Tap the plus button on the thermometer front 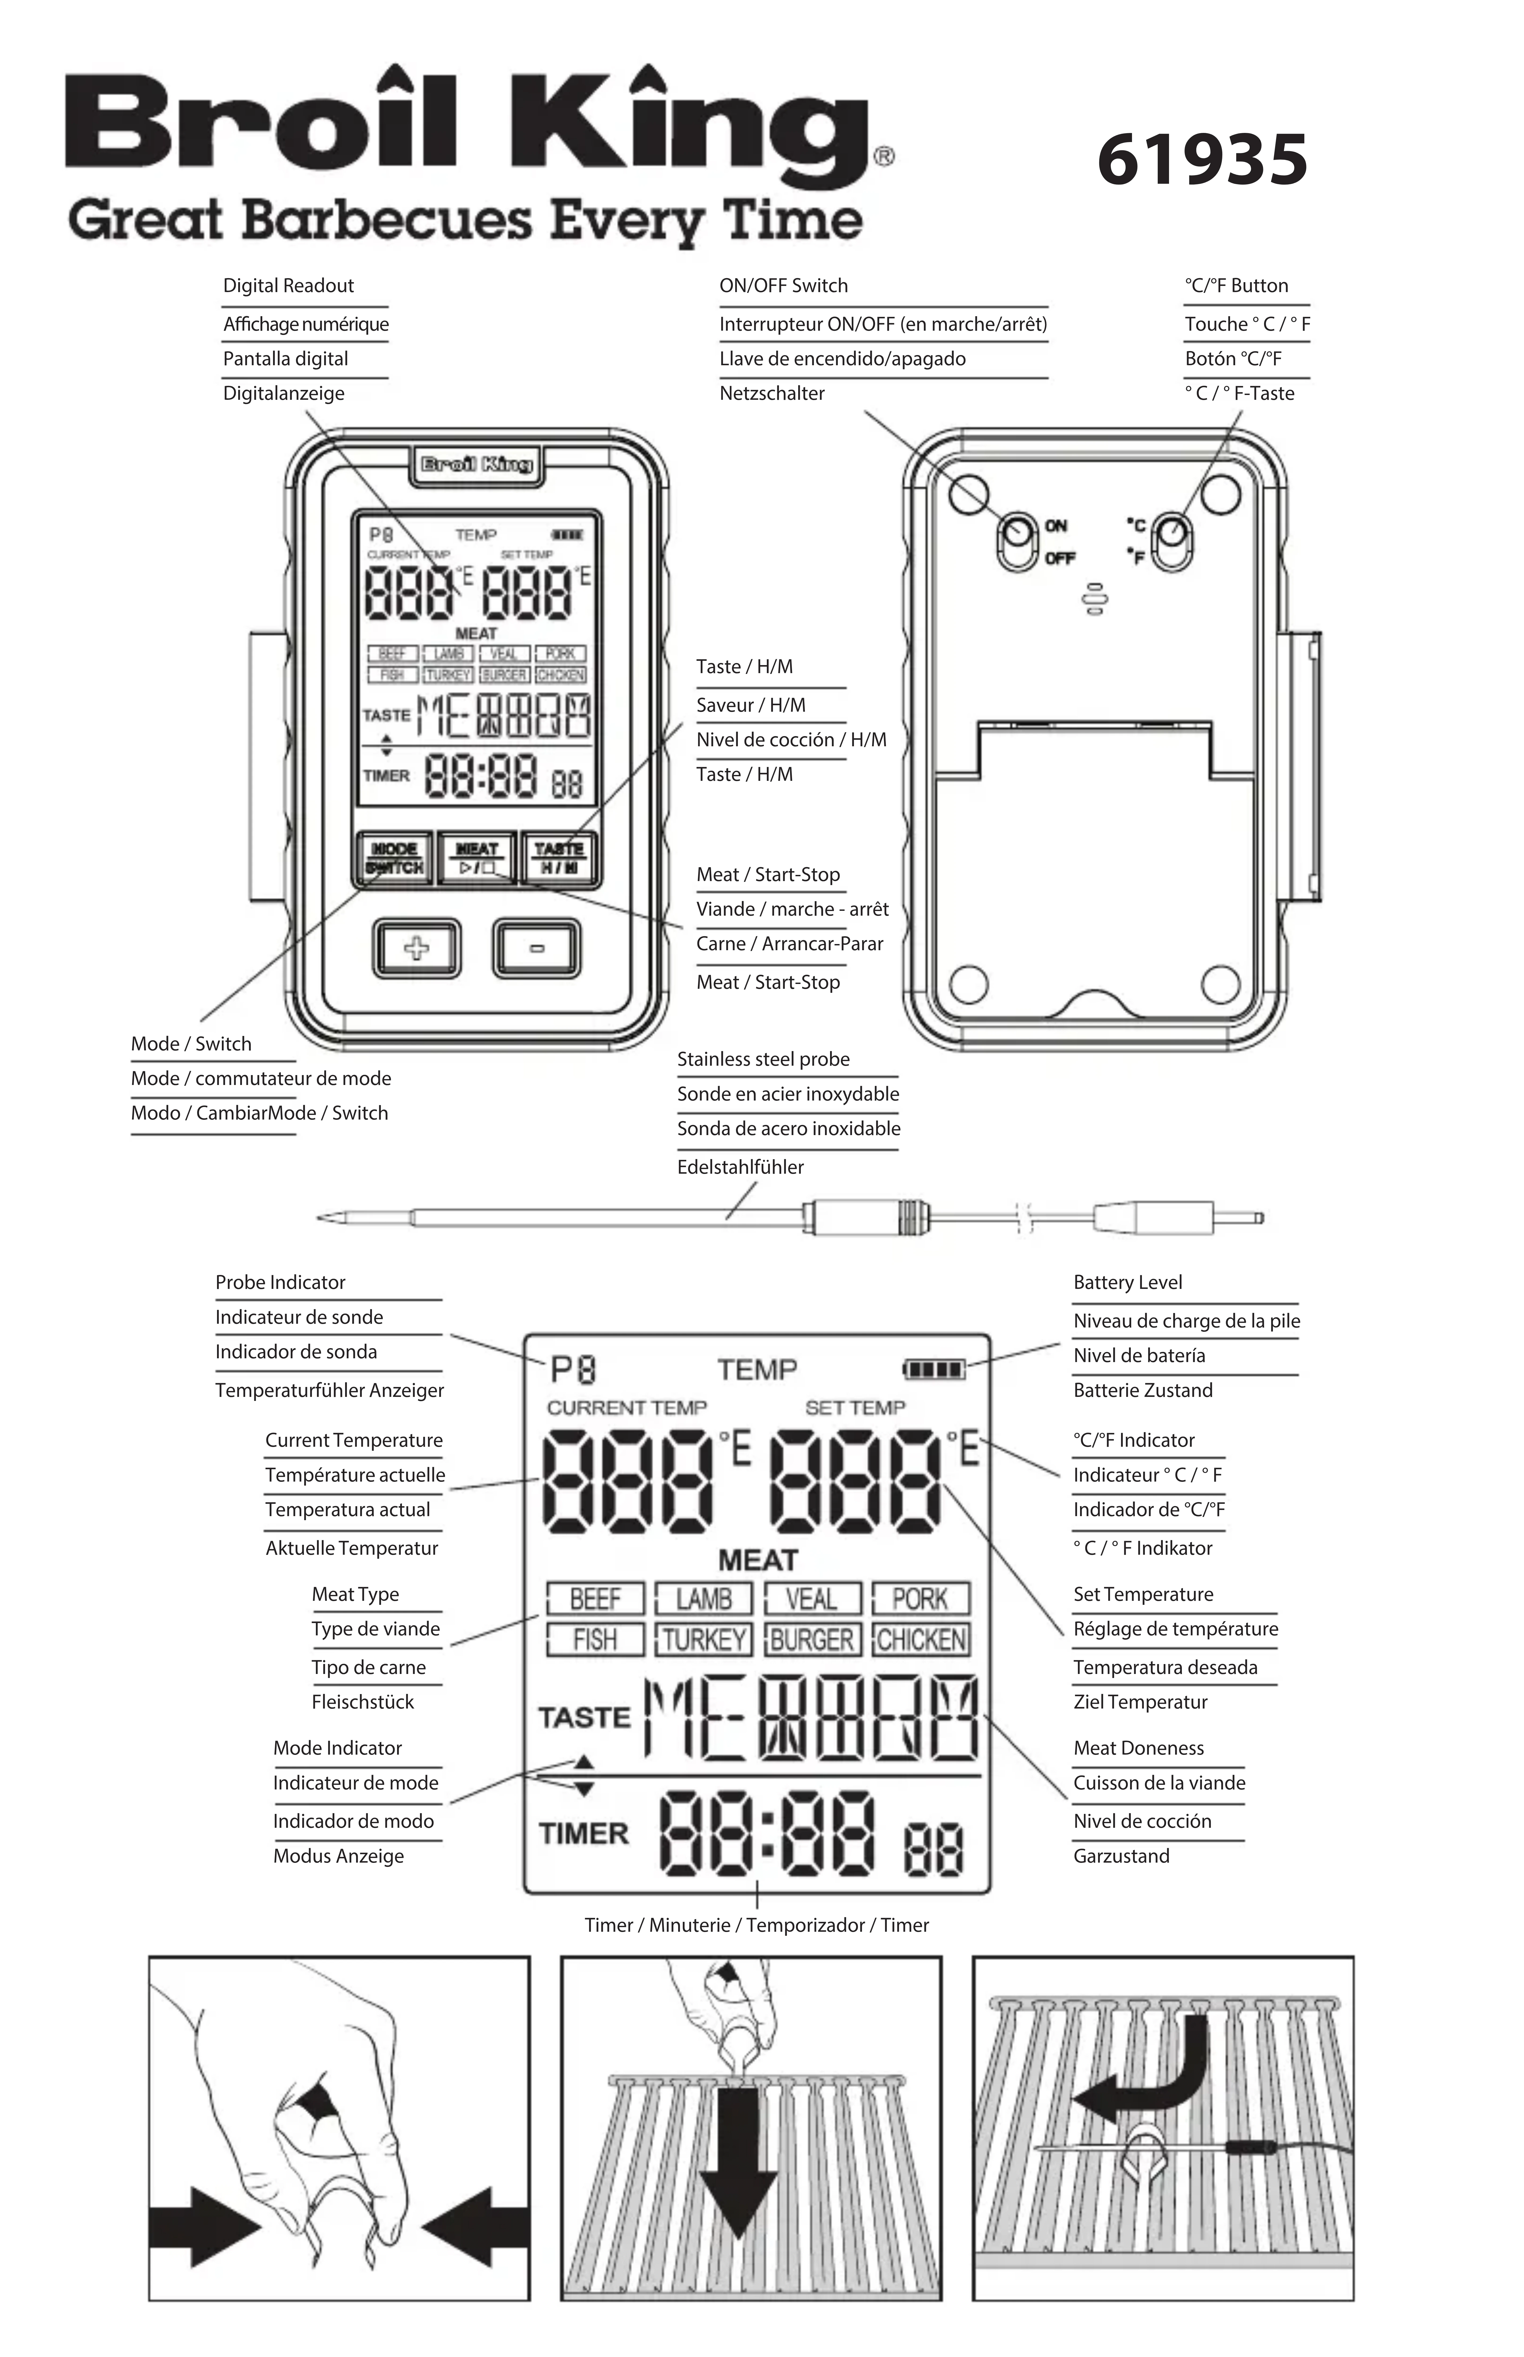click(x=417, y=948)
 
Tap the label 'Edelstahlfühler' click(x=740, y=1167)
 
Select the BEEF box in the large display click(x=595, y=1598)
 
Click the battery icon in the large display click(x=934, y=1370)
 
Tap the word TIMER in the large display click(x=584, y=1834)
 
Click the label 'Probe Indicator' click(x=280, y=1282)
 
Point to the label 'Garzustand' click(x=1121, y=1855)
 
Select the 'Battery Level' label click(x=1127, y=1282)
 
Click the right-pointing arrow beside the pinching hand click(x=203, y=2227)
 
